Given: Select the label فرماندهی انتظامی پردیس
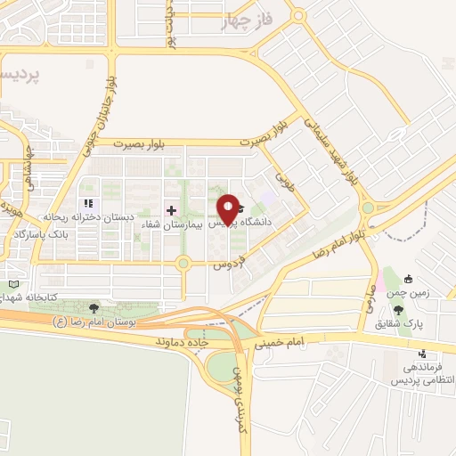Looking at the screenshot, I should (x=422, y=373).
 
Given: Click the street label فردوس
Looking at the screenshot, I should (x=227, y=265).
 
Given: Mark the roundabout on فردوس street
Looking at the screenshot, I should (x=183, y=263).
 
